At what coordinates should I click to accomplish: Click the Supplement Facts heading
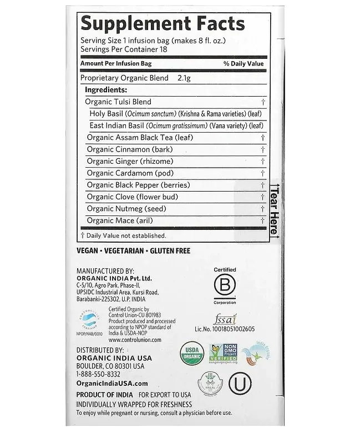point(163,23)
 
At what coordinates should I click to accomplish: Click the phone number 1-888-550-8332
point(99,374)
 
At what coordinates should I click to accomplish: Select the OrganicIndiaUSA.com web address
point(111,383)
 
